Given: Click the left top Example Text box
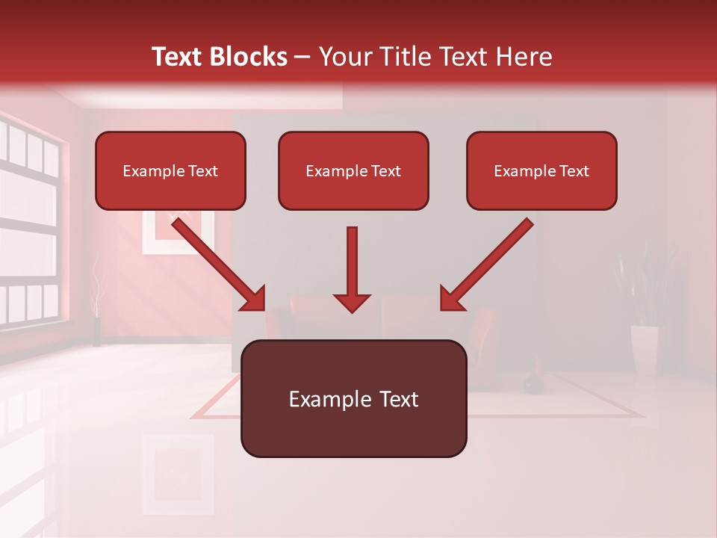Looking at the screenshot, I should pos(170,170).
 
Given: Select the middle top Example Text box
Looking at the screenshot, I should pos(353,170).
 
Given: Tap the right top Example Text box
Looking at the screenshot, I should pos(541,170).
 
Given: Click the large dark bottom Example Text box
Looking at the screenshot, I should pos(353,398).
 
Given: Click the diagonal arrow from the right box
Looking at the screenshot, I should pos(488,264).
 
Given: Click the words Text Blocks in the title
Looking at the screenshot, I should pos(220,57).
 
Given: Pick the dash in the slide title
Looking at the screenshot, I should pos(302,58).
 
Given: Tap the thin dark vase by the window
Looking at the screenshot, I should pos(97,331).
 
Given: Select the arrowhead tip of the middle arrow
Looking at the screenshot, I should pos(352,309).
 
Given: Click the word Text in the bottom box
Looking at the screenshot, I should pos(399,399).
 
